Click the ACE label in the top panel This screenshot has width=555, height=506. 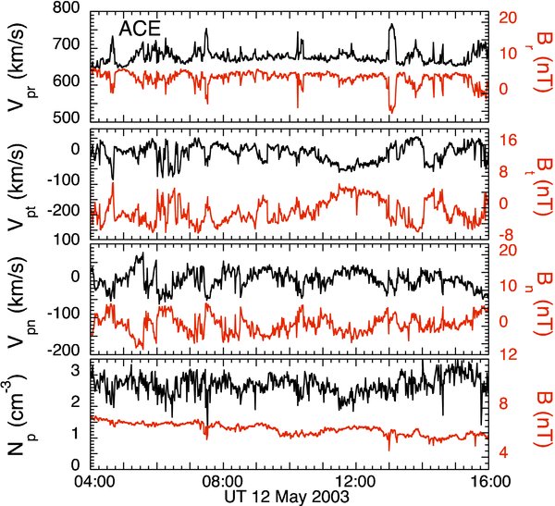[139, 29]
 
